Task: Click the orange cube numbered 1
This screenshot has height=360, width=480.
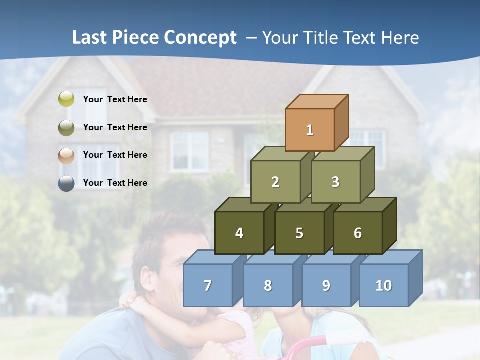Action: click(310, 130)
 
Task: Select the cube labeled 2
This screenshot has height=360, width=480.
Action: click(275, 182)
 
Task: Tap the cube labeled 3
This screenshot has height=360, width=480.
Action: click(335, 182)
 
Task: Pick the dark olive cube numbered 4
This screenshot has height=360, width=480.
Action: click(239, 233)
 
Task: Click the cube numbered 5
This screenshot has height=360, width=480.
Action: click(299, 233)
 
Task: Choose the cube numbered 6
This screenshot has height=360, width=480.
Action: click(358, 233)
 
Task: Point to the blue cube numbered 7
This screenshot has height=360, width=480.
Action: click(208, 285)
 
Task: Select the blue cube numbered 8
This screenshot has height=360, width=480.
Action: click(268, 285)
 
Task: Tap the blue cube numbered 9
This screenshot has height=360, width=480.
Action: click(326, 285)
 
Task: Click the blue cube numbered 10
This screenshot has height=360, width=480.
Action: click(384, 285)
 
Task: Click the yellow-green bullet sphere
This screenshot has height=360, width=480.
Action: click(66, 99)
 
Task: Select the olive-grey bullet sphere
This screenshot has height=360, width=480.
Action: click(66, 127)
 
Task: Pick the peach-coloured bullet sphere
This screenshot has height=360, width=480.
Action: click(66, 155)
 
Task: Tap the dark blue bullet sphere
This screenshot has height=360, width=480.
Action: click(66, 183)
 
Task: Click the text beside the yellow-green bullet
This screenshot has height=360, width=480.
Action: click(115, 99)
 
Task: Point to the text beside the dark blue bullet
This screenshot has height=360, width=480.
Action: click(115, 183)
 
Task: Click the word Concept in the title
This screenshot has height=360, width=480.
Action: click(200, 38)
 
